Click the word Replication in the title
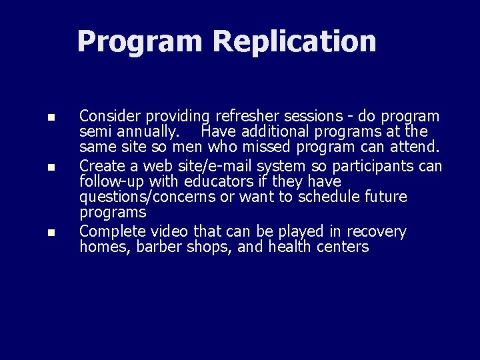294,41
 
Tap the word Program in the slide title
139,42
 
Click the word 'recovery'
376,232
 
